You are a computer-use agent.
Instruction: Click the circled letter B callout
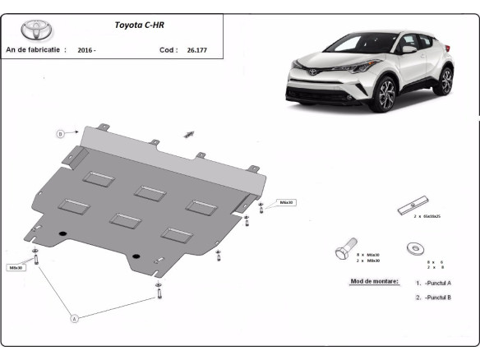point(60,133)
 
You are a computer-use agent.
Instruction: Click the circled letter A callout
point(75,317)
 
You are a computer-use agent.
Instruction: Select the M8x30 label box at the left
point(16,267)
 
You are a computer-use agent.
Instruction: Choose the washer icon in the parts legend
point(412,247)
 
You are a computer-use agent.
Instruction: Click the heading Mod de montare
point(374,281)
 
